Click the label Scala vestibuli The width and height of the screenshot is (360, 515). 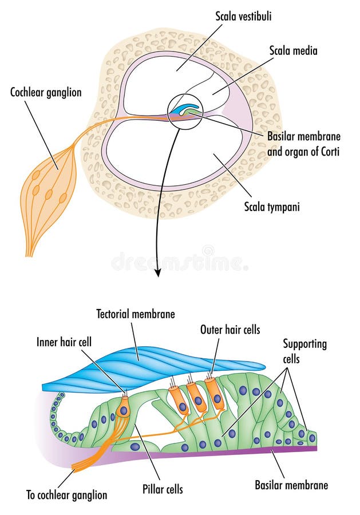pyautogui.click(x=243, y=17)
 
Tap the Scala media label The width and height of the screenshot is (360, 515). pyautogui.click(x=293, y=51)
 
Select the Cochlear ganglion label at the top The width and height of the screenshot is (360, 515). pyautogui.click(x=45, y=92)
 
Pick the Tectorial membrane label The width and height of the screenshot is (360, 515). pyautogui.click(x=136, y=314)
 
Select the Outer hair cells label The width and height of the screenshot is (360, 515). pyautogui.click(x=230, y=330)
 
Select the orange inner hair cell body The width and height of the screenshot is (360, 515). pyautogui.click(x=123, y=408)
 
